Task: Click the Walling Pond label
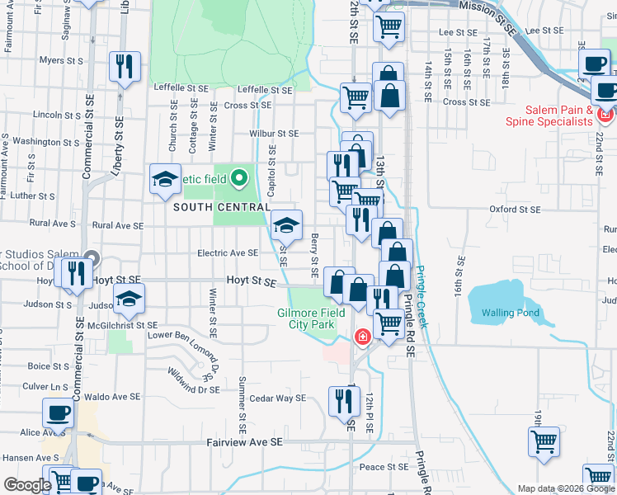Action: click(x=511, y=313)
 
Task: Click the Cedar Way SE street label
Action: click(x=278, y=398)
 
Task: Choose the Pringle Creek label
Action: click(x=422, y=297)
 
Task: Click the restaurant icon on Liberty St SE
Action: click(x=125, y=68)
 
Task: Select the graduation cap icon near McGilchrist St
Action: click(x=129, y=301)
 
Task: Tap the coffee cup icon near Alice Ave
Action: click(x=58, y=414)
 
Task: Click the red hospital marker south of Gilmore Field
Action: click(x=361, y=337)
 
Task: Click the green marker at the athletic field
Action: click(x=239, y=177)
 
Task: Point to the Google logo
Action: click(x=27, y=485)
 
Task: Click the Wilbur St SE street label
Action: click(x=274, y=133)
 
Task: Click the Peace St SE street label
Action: click(x=384, y=467)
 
